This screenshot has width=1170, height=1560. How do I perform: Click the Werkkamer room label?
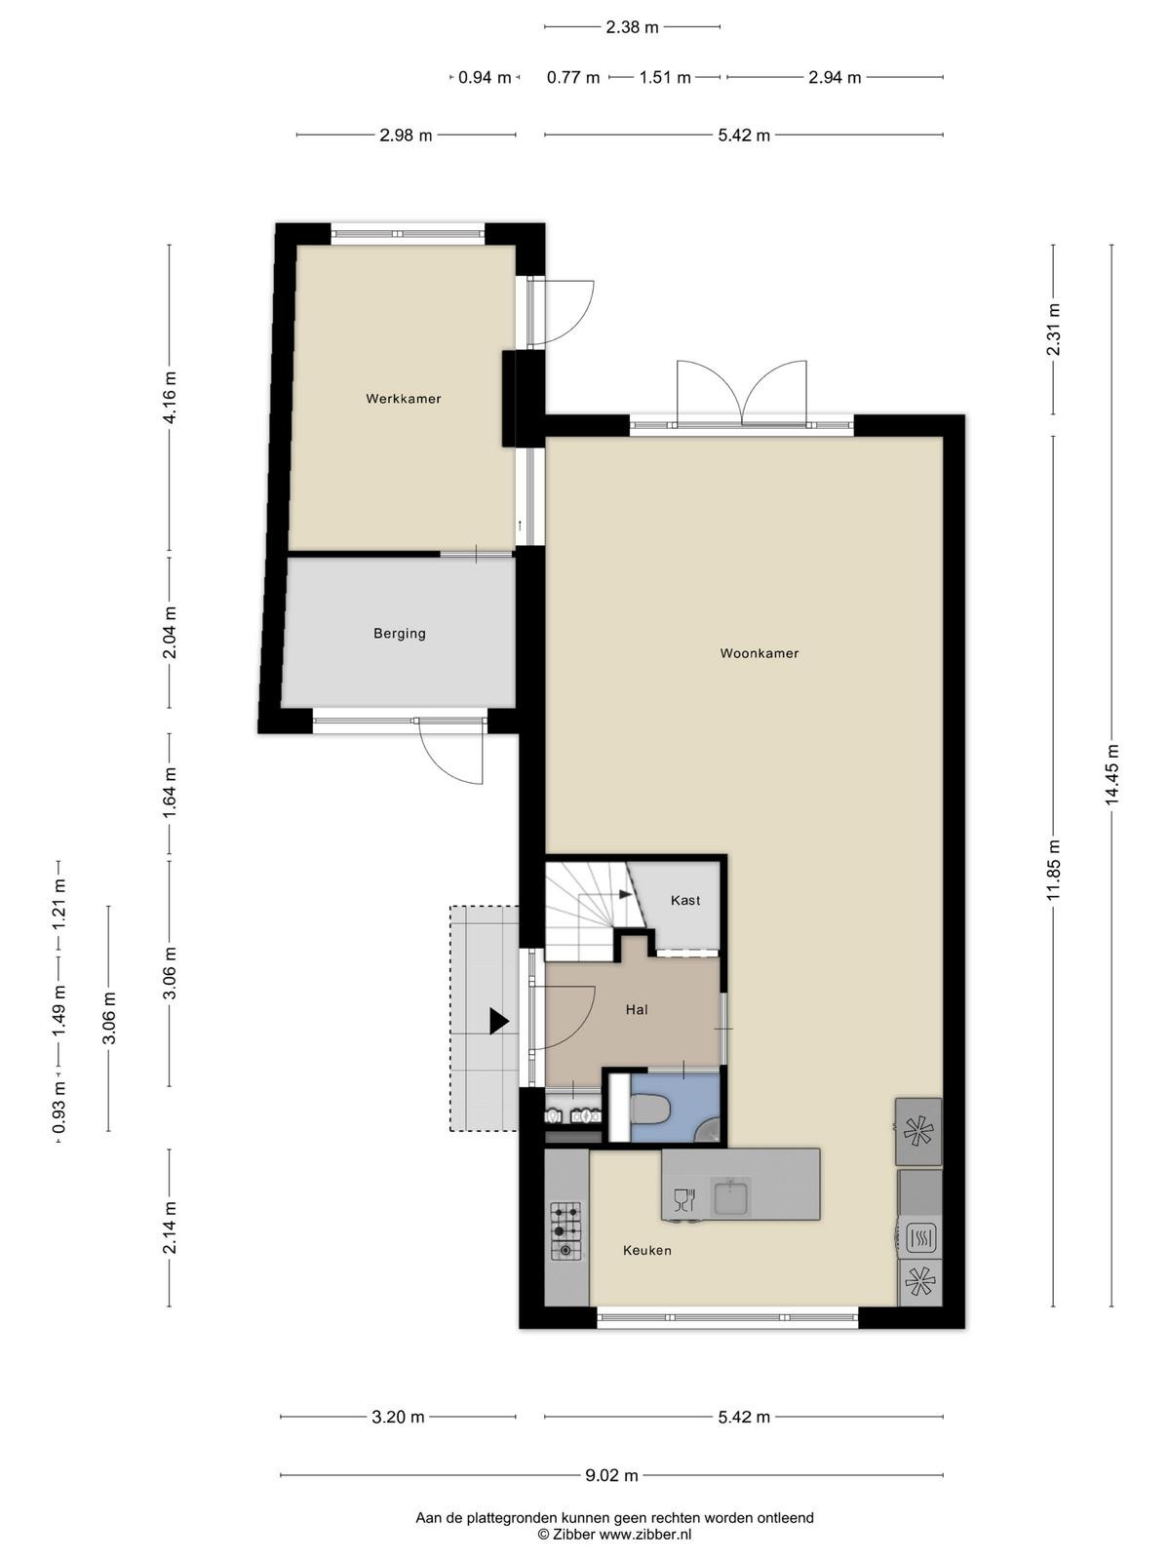click(404, 399)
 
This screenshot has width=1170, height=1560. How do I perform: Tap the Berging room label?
click(399, 633)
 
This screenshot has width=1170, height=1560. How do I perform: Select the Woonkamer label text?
click(760, 653)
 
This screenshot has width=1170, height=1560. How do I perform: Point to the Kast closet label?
click(685, 901)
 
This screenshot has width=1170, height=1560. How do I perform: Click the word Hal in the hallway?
click(637, 1010)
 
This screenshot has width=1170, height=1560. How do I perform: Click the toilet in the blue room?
click(649, 1111)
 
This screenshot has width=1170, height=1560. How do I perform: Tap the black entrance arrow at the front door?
click(499, 1022)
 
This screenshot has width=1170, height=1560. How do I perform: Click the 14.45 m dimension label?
click(1111, 775)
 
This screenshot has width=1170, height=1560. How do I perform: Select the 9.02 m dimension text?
click(611, 1475)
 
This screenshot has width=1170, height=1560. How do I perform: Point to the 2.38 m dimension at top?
click(632, 27)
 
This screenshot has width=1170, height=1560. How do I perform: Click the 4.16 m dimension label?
click(170, 397)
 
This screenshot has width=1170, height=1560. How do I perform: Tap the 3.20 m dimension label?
click(398, 1417)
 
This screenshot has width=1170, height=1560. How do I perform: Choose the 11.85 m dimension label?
click(1053, 870)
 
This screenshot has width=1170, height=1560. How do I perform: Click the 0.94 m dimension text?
click(485, 77)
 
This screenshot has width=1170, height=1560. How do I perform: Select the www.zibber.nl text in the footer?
click(645, 1535)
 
